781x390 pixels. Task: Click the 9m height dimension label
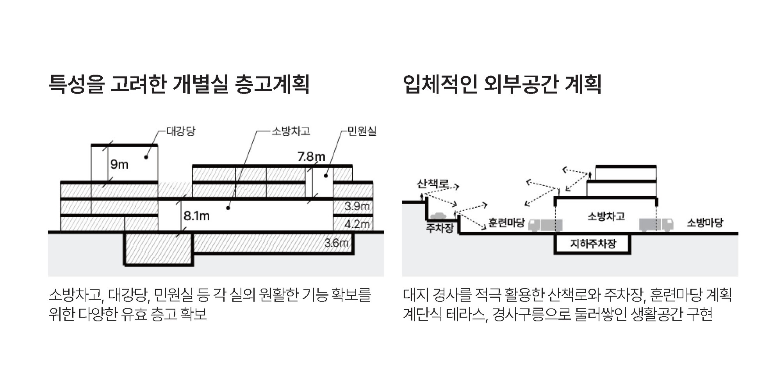click(119, 165)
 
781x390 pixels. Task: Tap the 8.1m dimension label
click(196, 216)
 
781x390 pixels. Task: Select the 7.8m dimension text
click(311, 157)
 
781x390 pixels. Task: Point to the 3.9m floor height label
click(357, 206)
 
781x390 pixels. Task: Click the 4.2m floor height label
click(357, 224)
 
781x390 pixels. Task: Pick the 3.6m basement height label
click(336, 243)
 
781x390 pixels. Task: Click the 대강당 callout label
click(180, 131)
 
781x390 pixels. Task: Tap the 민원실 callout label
click(362, 131)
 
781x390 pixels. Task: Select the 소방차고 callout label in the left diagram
click(291, 131)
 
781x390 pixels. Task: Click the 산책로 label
click(433, 183)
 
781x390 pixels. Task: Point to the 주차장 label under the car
click(440, 228)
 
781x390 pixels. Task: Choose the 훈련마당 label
click(506, 223)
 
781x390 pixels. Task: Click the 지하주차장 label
click(593, 244)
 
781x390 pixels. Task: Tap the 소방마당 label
click(705, 223)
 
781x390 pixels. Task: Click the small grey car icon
click(438, 216)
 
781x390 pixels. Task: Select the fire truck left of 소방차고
click(546, 225)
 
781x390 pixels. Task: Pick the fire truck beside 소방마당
click(656, 225)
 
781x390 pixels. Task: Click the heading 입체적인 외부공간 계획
click(502, 84)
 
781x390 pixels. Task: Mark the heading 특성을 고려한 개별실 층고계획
click(179, 84)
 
